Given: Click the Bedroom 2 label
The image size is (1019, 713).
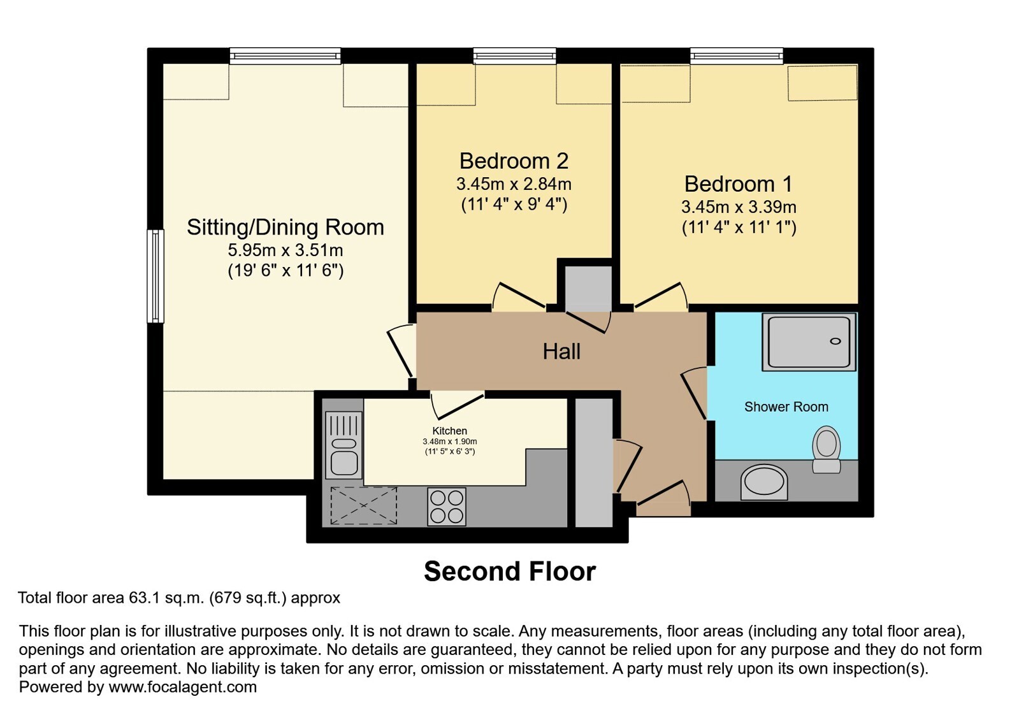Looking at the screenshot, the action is [514, 161].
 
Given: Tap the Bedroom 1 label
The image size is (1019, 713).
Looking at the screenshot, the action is [739, 184].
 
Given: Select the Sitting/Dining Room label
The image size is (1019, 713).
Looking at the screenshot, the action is [285, 227].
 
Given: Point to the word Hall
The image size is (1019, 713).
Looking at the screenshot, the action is [561, 352].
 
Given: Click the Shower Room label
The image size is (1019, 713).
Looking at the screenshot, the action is [786, 407].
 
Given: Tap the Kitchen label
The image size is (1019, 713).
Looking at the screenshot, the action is [449, 431].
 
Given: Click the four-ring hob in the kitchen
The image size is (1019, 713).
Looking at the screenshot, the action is [447, 507].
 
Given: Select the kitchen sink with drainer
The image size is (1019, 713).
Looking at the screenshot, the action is [344, 445].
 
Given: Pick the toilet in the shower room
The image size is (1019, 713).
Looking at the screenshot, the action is [826, 449].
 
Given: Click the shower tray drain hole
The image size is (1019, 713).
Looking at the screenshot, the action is [835, 342].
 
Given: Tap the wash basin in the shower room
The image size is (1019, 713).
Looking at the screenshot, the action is [764, 482].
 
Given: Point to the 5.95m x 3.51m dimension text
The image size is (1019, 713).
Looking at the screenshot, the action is [285, 250].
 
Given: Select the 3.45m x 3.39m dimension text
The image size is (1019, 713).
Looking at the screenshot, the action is [739, 207].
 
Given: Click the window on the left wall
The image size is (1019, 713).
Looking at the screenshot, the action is [155, 277].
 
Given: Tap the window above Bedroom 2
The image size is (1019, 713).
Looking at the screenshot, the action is [514, 56].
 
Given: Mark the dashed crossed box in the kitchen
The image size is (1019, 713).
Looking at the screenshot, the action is [364, 506].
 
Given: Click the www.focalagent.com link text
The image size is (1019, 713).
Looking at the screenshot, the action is [182, 687].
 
